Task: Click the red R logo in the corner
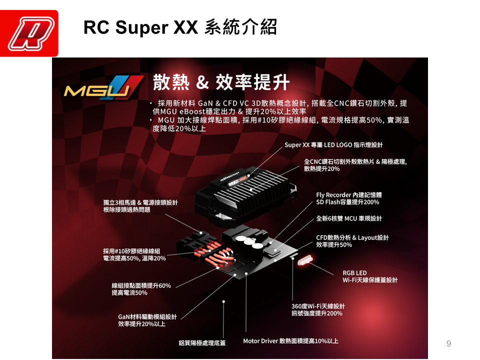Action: tap(29, 33)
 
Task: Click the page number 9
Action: tap(448, 343)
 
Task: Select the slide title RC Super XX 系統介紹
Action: tap(180, 27)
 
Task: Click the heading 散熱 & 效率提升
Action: tap(221, 82)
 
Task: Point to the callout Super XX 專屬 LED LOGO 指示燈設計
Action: tap(333, 145)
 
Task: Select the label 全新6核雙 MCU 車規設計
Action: tap(348, 218)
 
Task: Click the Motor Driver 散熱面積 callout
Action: tap(290, 341)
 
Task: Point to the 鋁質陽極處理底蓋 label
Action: tap(202, 343)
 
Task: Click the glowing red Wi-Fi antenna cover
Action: tap(305, 260)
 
